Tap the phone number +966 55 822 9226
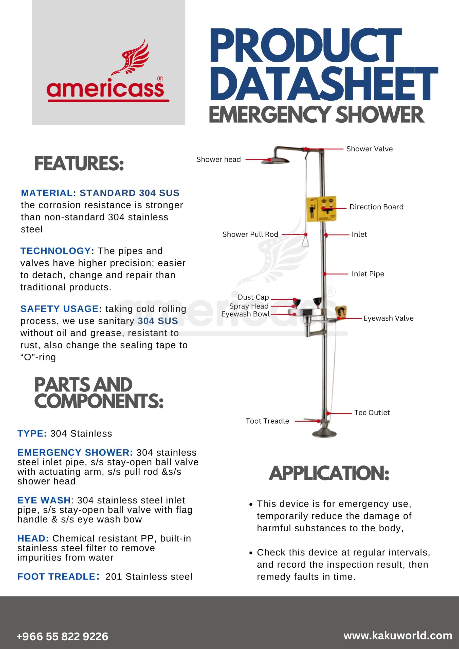(x=62, y=636)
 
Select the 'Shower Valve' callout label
(x=369, y=149)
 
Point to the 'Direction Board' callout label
(x=376, y=207)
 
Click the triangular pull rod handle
(x=305, y=242)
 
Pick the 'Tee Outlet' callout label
(x=372, y=413)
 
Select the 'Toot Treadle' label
(x=267, y=421)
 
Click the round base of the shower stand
(x=324, y=433)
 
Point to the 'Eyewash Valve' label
(x=388, y=318)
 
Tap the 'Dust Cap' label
(x=253, y=297)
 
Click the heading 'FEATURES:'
(x=79, y=164)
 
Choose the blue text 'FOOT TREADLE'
(x=57, y=577)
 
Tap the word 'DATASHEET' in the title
(x=323, y=84)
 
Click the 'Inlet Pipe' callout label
(x=368, y=274)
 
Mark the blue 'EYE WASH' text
(x=44, y=500)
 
